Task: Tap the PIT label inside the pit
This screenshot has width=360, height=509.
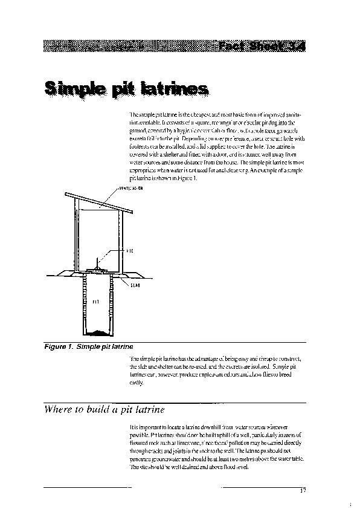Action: [95, 300]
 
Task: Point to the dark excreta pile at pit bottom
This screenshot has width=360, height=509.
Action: [99, 332]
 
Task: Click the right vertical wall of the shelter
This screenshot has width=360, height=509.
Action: [121, 242]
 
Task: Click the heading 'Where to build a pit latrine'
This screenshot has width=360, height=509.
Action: [104, 409]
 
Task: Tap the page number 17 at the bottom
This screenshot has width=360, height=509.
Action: [302, 490]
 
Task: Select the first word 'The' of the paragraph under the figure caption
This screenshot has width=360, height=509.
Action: [134, 359]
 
